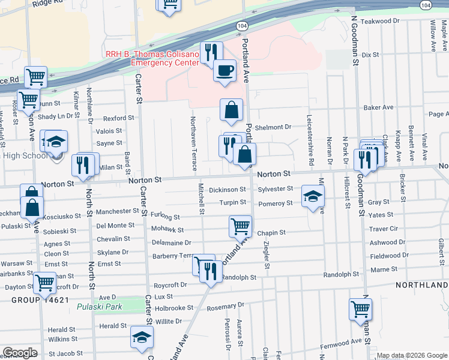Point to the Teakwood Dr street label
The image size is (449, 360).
tap(380, 21)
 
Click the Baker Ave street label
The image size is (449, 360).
tap(378, 107)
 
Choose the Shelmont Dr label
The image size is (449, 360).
tap(273, 127)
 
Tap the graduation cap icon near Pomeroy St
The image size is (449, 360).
tap(312, 197)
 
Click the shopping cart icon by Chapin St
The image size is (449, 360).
tap(240, 226)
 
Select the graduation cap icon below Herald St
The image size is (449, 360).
tap(142, 338)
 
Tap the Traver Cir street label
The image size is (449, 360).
tap(384, 229)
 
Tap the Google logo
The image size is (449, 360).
tap(20, 353)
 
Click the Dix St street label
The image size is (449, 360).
tap(371, 55)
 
